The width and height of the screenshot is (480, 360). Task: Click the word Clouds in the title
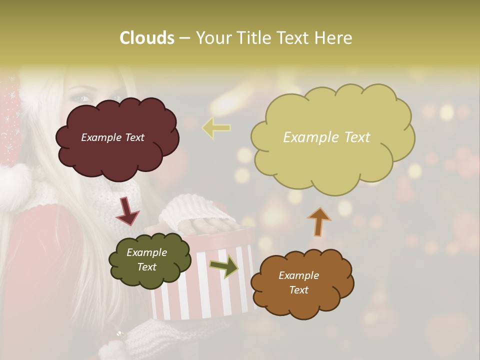click(147, 38)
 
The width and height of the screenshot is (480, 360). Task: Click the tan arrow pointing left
click(216, 127)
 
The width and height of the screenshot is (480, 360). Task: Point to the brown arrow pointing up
click(318, 221)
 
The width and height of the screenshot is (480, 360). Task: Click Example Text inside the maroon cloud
click(112, 137)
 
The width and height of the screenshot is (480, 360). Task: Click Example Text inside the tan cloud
click(326, 137)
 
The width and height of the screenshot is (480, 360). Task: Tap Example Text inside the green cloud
click(146, 260)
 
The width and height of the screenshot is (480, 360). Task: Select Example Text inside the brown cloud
click(298, 282)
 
